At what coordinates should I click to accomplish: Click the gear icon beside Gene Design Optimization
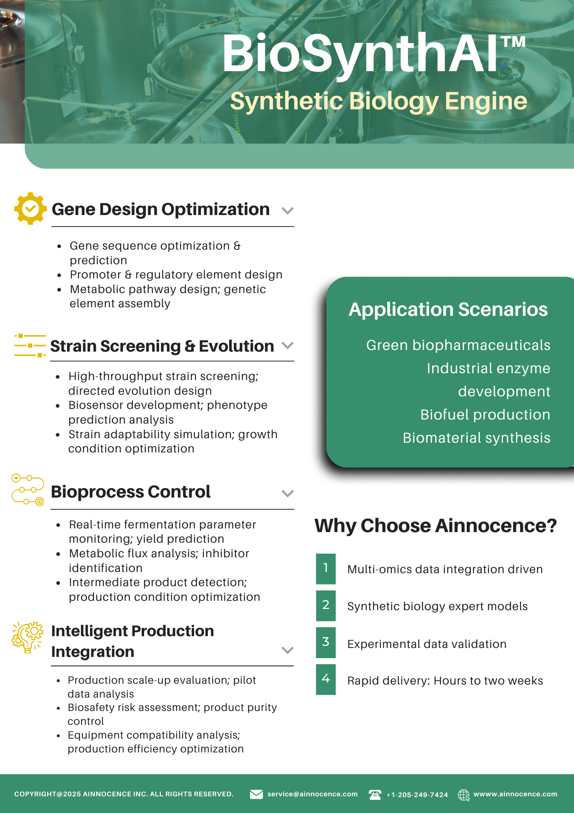coord(30,209)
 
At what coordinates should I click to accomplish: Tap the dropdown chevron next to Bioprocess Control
coord(287,493)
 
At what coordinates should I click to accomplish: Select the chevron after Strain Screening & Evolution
coord(287,346)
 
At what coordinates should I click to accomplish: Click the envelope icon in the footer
coord(256,794)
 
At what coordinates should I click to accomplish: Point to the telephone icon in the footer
coord(375,794)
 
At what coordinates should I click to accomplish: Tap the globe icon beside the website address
coord(464,795)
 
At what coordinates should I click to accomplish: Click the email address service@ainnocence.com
coord(313,794)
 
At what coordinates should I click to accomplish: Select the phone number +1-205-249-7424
coord(417,795)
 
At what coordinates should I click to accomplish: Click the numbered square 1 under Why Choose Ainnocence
coord(326,569)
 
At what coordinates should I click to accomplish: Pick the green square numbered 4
coord(326,679)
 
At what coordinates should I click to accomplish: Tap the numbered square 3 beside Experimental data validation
coord(326,642)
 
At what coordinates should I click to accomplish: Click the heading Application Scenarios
coord(448,309)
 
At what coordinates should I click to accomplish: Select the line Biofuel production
coord(485,415)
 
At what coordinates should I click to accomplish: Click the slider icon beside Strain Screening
coord(30,346)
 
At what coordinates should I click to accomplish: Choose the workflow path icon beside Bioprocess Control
coord(28,489)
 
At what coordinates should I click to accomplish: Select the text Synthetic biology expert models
coord(438,606)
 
